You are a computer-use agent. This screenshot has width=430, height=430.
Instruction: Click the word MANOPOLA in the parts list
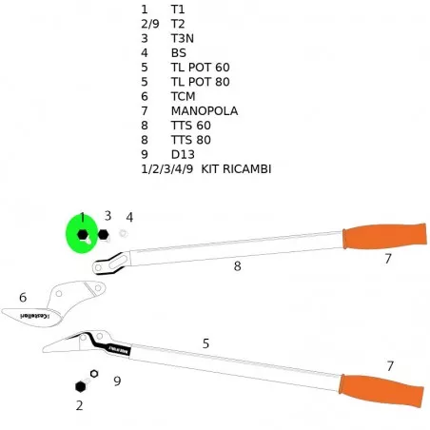tap(205, 111)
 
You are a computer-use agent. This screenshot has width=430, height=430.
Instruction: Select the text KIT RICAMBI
tap(236, 169)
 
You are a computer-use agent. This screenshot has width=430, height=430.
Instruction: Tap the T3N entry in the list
tap(183, 38)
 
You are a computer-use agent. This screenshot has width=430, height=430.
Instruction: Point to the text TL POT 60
tap(200, 68)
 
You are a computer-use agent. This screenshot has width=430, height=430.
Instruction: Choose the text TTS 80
tap(191, 140)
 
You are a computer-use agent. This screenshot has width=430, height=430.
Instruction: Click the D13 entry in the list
tap(183, 154)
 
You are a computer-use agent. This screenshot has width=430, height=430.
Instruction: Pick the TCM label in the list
tap(183, 96)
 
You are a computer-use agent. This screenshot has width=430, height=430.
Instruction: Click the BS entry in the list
tap(179, 53)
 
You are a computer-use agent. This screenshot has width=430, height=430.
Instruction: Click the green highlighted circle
tap(82, 234)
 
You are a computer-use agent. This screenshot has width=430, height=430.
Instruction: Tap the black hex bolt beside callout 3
tap(103, 235)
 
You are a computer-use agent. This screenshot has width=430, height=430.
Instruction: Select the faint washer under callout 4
tap(123, 234)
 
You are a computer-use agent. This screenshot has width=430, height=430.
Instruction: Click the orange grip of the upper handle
tap(384, 236)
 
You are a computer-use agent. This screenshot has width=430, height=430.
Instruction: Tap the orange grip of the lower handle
tap(381, 390)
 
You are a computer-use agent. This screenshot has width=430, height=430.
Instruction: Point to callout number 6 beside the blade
tap(23, 298)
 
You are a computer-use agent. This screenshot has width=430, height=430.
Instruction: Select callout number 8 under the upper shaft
tap(237, 266)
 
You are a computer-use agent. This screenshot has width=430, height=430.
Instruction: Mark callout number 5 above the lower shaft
tap(205, 343)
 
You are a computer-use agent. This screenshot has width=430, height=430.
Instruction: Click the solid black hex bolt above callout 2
tap(81, 386)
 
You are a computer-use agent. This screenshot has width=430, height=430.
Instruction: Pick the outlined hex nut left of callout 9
tap(94, 374)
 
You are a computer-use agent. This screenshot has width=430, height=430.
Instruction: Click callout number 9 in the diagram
tap(117, 381)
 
